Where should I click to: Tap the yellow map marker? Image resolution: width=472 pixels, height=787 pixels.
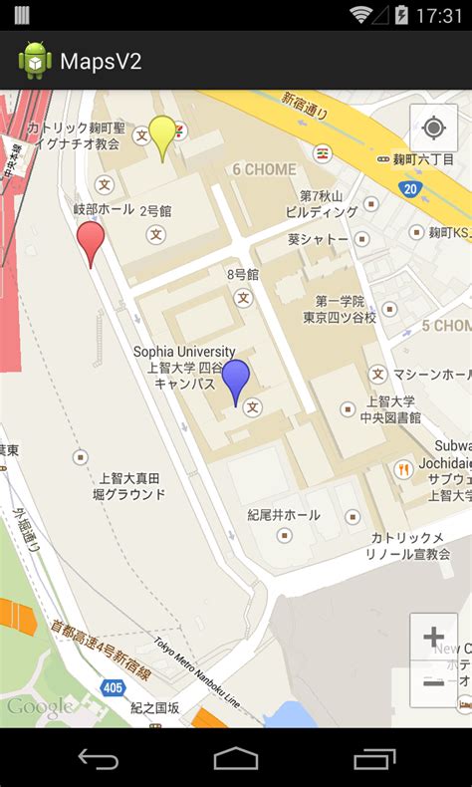(x=162, y=134)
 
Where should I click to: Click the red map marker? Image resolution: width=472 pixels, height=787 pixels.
(x=91, y=240)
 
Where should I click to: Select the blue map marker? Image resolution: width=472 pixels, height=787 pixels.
(x=235, y=379)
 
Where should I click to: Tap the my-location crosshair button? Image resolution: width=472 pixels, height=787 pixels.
(x=433, y=129)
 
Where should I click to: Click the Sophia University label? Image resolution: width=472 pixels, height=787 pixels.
(x=184, y=352)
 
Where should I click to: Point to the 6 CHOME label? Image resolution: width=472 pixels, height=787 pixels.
(x=264, y=169)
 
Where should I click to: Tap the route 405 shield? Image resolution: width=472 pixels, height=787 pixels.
(x=113, y=687)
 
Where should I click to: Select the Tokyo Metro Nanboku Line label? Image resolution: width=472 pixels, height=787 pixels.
(x=197, y=671)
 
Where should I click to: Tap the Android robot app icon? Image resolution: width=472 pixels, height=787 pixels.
(x=35, y=61)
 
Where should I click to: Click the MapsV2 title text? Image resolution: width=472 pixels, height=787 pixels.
(x=101, y=62)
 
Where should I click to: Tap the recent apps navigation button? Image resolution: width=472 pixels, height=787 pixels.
(x=374, y=759)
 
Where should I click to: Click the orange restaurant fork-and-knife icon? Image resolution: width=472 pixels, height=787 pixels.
(x=403, y=469)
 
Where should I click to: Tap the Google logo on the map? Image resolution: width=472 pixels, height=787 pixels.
(x=40, y=707)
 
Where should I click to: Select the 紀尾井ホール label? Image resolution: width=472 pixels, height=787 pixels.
(x=284, y=515)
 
